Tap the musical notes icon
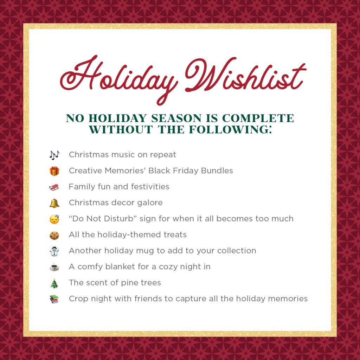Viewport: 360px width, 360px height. pyautogui.click(x=54, y=155)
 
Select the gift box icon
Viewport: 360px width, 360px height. pyautogui.click(x=54, y=171)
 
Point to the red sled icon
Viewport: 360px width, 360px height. pyautogui.click(x=54, y=187)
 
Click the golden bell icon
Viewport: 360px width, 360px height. pyautogui.click(x=54, y=203)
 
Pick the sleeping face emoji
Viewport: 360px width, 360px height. pyautogui.click(x=54, y=219)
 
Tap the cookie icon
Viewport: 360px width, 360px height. pyautogui.click(x=54, y=235)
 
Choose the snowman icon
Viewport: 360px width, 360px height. pyautogui.click(x=54, y=251)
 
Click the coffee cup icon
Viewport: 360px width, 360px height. pyautogui.click(x=54, y=267)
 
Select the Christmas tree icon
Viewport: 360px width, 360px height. pyautogui.click(x=54, y=283)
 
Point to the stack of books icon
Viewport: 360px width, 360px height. pyautogui.click(x=54, y=299)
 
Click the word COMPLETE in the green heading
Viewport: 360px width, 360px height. pyautogui.click(x=258, y=118)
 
